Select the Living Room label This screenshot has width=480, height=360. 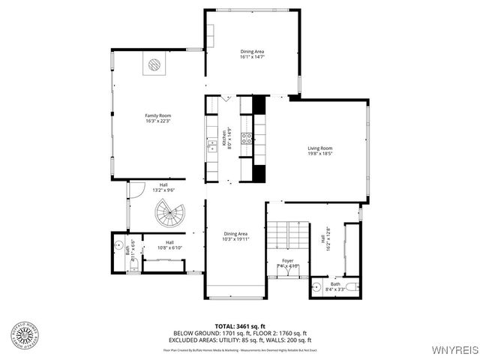click(x=320, y=148)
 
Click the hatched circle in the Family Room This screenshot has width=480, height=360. click(x=154, y=64)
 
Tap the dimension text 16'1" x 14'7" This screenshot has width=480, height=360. click(x=252, y=56)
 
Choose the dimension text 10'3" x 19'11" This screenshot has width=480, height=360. click(x=236, y=238)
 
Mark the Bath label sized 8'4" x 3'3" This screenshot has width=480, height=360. click(x=334, y=284)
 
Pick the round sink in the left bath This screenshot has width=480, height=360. click(x=119, y=245)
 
